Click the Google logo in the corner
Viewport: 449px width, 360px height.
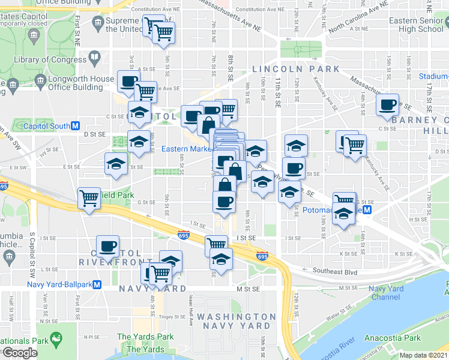click(19, 353)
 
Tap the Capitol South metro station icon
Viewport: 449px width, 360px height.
click(75, 126)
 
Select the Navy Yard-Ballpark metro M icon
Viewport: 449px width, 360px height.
click(97, 284)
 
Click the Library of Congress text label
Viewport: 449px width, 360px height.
click(50, 59)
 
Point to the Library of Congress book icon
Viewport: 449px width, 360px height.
click(95, 58)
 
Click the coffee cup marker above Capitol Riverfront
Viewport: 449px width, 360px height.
click(108, 245)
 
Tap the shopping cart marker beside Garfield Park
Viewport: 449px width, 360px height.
click(89, 197)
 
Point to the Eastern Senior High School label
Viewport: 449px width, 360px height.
click(416, 25)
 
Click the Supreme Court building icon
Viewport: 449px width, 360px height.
click(98, 24)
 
